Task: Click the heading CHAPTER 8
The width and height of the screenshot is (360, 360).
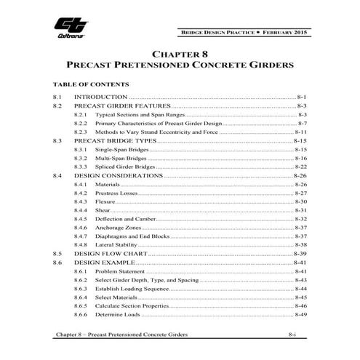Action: tap(180, 54)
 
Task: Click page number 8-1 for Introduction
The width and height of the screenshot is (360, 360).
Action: tap(304, 97)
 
